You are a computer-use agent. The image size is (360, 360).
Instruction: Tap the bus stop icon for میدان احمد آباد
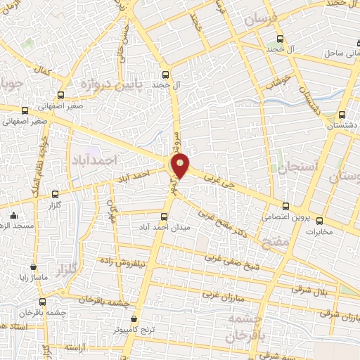165,217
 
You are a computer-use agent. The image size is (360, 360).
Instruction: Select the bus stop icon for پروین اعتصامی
285,206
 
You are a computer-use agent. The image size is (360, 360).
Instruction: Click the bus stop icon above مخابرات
320,220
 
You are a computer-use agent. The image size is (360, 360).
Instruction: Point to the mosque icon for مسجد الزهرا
14,215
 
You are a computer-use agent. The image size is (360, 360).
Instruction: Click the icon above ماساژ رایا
34,267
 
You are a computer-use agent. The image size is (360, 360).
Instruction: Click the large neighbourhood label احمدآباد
91,161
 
